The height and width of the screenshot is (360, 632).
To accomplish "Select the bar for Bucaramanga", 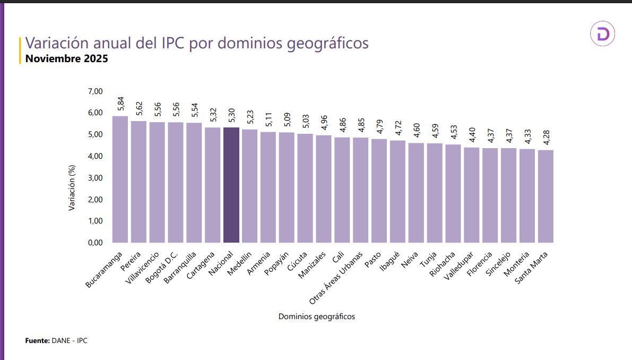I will pyautogui.click(x=120, y=179).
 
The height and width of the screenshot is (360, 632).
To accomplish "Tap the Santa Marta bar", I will pyautogui.click(x=546, y=196).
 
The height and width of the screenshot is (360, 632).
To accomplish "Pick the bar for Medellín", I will pyautogui.click(x=249, y=186).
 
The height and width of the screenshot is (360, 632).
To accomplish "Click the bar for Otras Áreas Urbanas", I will pyautogui.click(x=360, y=190).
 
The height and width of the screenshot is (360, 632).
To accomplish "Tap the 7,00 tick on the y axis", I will pyautogui.click(x=95, y=91).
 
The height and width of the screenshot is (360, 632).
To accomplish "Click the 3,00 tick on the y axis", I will pyautogui.click(x=95, y=178).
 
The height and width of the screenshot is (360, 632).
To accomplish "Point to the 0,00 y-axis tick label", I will pyautogui.click(x=95, y=243).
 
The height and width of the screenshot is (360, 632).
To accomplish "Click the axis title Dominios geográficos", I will pyautogui.click(x=316, y=316).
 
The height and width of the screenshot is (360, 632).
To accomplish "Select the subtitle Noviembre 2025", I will pyautogui.click(x=67, y=58).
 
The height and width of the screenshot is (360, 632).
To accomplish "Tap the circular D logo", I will pyautogui.click(x=602, y=35).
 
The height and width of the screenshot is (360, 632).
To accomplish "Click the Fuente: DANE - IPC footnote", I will pyautogui.click(x=56, y=340).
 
